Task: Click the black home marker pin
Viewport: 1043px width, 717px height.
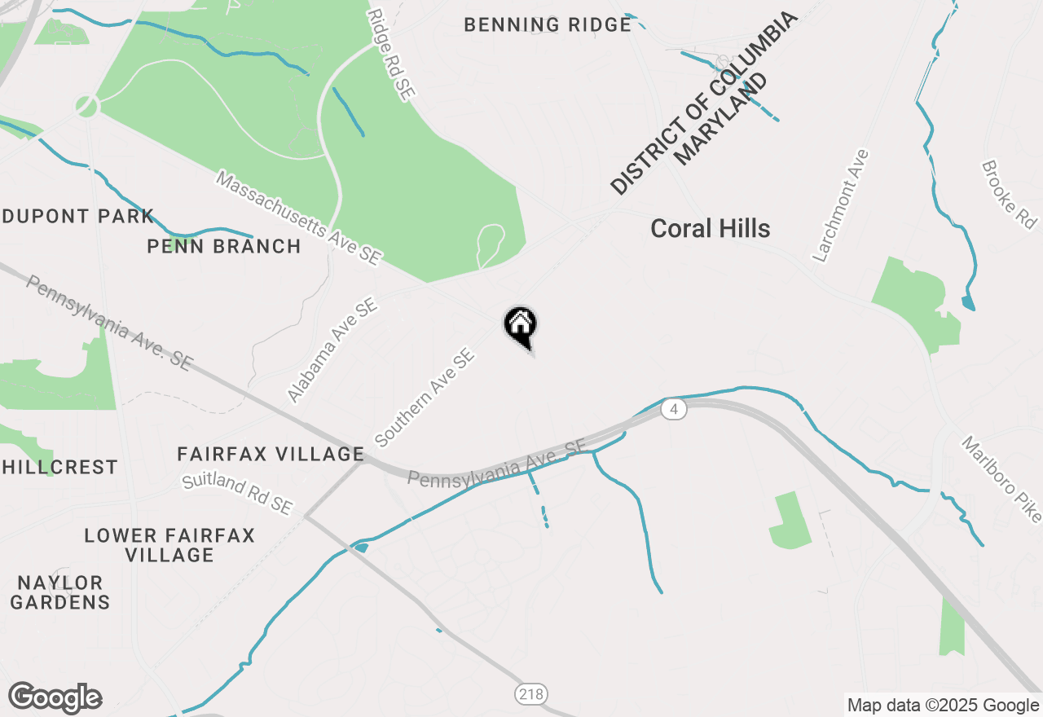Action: (520, 325)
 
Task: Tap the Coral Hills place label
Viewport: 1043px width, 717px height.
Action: (710, 229)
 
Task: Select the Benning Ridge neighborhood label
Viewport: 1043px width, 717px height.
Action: (548, 25)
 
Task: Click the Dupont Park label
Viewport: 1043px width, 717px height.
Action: (78, 217)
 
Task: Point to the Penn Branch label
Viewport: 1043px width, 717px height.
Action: (224, 246)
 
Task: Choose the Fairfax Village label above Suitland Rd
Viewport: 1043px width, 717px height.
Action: (271, 454)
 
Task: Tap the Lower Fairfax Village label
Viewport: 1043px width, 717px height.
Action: (169, 545)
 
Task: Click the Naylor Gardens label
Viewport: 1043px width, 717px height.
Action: (60, 592)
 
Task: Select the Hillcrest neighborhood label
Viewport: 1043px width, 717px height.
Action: (59, 467)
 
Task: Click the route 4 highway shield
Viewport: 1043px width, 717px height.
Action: (672, 409)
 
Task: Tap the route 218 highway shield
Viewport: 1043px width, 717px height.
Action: (531, 695)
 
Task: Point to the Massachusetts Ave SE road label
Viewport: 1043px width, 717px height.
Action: (299, 218)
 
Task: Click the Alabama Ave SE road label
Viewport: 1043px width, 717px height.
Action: (332, 350)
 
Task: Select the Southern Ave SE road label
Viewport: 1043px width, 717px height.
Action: (425, 398)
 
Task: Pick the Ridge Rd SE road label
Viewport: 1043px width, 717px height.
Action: (390, 55)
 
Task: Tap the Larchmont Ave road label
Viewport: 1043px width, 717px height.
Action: (842, 205)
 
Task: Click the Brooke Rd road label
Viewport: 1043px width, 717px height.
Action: (1010, 194)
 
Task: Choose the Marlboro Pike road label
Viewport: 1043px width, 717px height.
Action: (1001, 479)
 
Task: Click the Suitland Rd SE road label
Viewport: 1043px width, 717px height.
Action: (237, 494)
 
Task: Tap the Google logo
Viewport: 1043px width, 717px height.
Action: (55, 697)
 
